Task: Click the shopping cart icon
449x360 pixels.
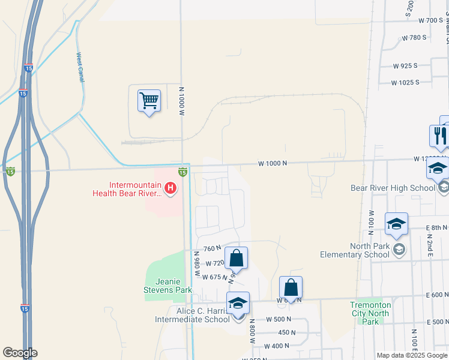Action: click(149, 100)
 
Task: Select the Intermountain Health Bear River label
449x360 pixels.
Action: click(127, 190)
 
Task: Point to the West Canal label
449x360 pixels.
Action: click(80, 67)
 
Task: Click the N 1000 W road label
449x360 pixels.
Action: click(181, 101)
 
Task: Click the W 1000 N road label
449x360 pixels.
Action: click(273, 163)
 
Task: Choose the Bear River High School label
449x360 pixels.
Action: click(393, 188)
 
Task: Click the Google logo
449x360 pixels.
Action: click(20, 353)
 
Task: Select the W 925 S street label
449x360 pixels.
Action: click(405, 65)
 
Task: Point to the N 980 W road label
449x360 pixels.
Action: click(196, 264)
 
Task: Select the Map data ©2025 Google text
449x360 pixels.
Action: click(412, 355)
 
